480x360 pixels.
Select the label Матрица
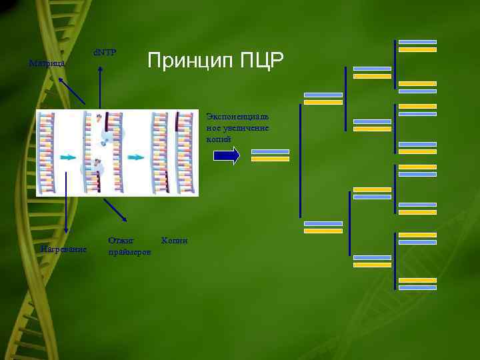pyautogui.click(x=47, y=64)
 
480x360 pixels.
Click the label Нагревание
pyautogui.click(x=63, y=249)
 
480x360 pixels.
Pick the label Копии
pyautogui.click(x=175, y=239)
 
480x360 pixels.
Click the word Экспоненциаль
pyautogui.click(x=237, y=116)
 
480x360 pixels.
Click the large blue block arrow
pyautogui.click(x=226, y=155)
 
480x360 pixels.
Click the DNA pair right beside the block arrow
pyautogui.click(x=270, y=155)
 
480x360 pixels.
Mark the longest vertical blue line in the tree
pyautogui.click(x=300, y=161)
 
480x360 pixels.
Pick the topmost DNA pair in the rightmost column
pyautogui.click(x=417, y=45)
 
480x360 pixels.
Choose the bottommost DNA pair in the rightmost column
pyautogui.click(x=417, y=284)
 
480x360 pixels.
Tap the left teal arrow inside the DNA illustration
pyautogui.click(x=67, y=158)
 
